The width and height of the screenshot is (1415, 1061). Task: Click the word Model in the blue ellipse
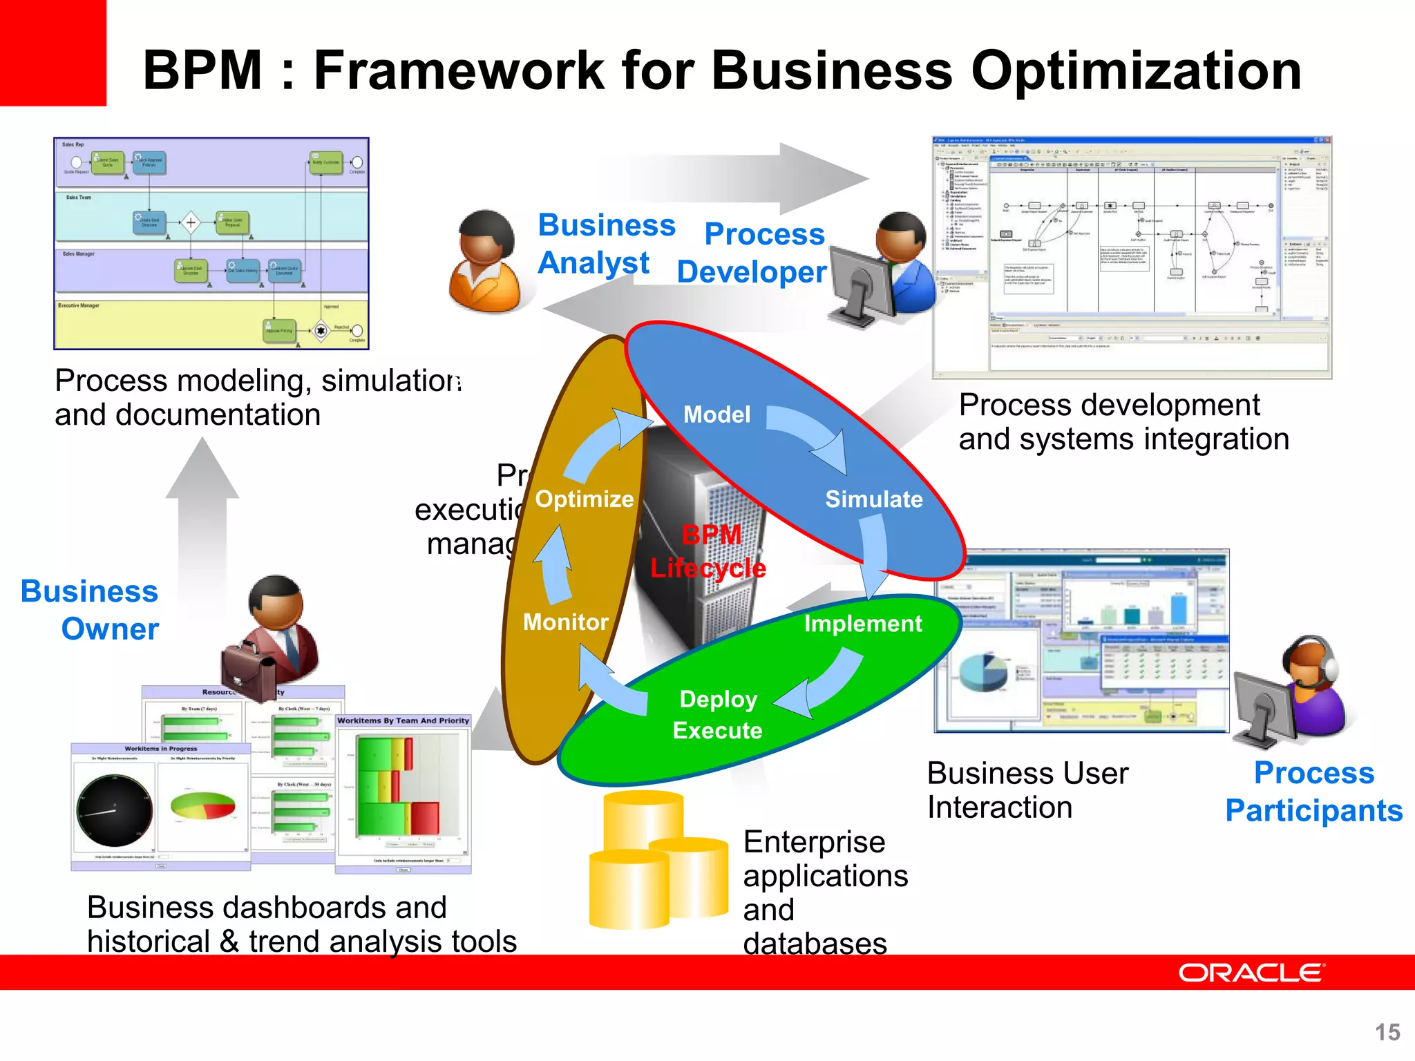pos(716,414)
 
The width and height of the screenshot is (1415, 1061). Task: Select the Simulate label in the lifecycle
pos(873,499)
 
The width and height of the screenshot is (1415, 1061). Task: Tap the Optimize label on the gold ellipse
pos(585,499)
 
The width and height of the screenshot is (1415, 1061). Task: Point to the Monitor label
pos(565,622)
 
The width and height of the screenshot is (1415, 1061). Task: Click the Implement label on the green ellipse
pos(862,624)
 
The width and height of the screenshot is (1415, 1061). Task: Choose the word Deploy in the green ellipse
pos(718,699)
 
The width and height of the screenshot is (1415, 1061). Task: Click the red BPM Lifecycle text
pos(709,551)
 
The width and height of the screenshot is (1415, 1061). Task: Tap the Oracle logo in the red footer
pos(1251,973)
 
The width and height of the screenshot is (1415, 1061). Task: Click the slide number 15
pos(1387,1032)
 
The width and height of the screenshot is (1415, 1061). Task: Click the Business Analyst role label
pos(606,244)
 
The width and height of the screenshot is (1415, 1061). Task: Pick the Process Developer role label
pos(752,253)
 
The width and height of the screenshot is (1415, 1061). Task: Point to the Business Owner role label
pos(90,610)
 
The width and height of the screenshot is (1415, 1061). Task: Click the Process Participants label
pos(1313,792)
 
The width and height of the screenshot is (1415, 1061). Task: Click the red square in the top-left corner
pos(53,52)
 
